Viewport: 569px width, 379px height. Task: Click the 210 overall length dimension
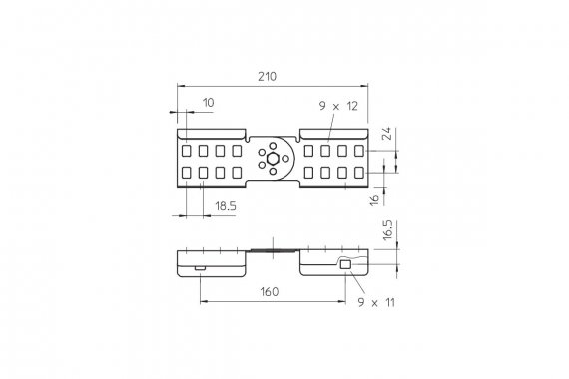tap(268, 77)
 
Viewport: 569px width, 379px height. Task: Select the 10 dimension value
tap(209, 103)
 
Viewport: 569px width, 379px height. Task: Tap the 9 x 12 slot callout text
tap(338, 106)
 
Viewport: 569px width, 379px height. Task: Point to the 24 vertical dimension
tap(387, 133)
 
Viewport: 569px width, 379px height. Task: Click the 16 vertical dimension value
tap(375, 199)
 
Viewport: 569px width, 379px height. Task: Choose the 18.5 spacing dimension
tap(226, 206)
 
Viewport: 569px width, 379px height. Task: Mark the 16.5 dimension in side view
tap(387, 230)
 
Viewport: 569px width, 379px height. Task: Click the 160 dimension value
tap(270, 291)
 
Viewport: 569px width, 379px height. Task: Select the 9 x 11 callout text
tap(376, 302)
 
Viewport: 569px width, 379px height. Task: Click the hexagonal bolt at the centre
tap(273, 159)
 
